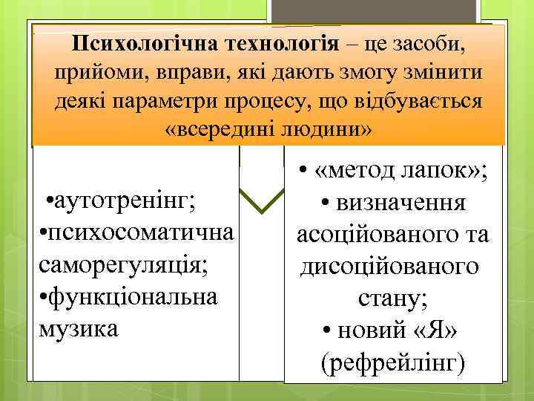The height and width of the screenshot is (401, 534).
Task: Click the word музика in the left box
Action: [x=78, y=327]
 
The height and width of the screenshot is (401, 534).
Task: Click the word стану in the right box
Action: [x=392, y=298]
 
